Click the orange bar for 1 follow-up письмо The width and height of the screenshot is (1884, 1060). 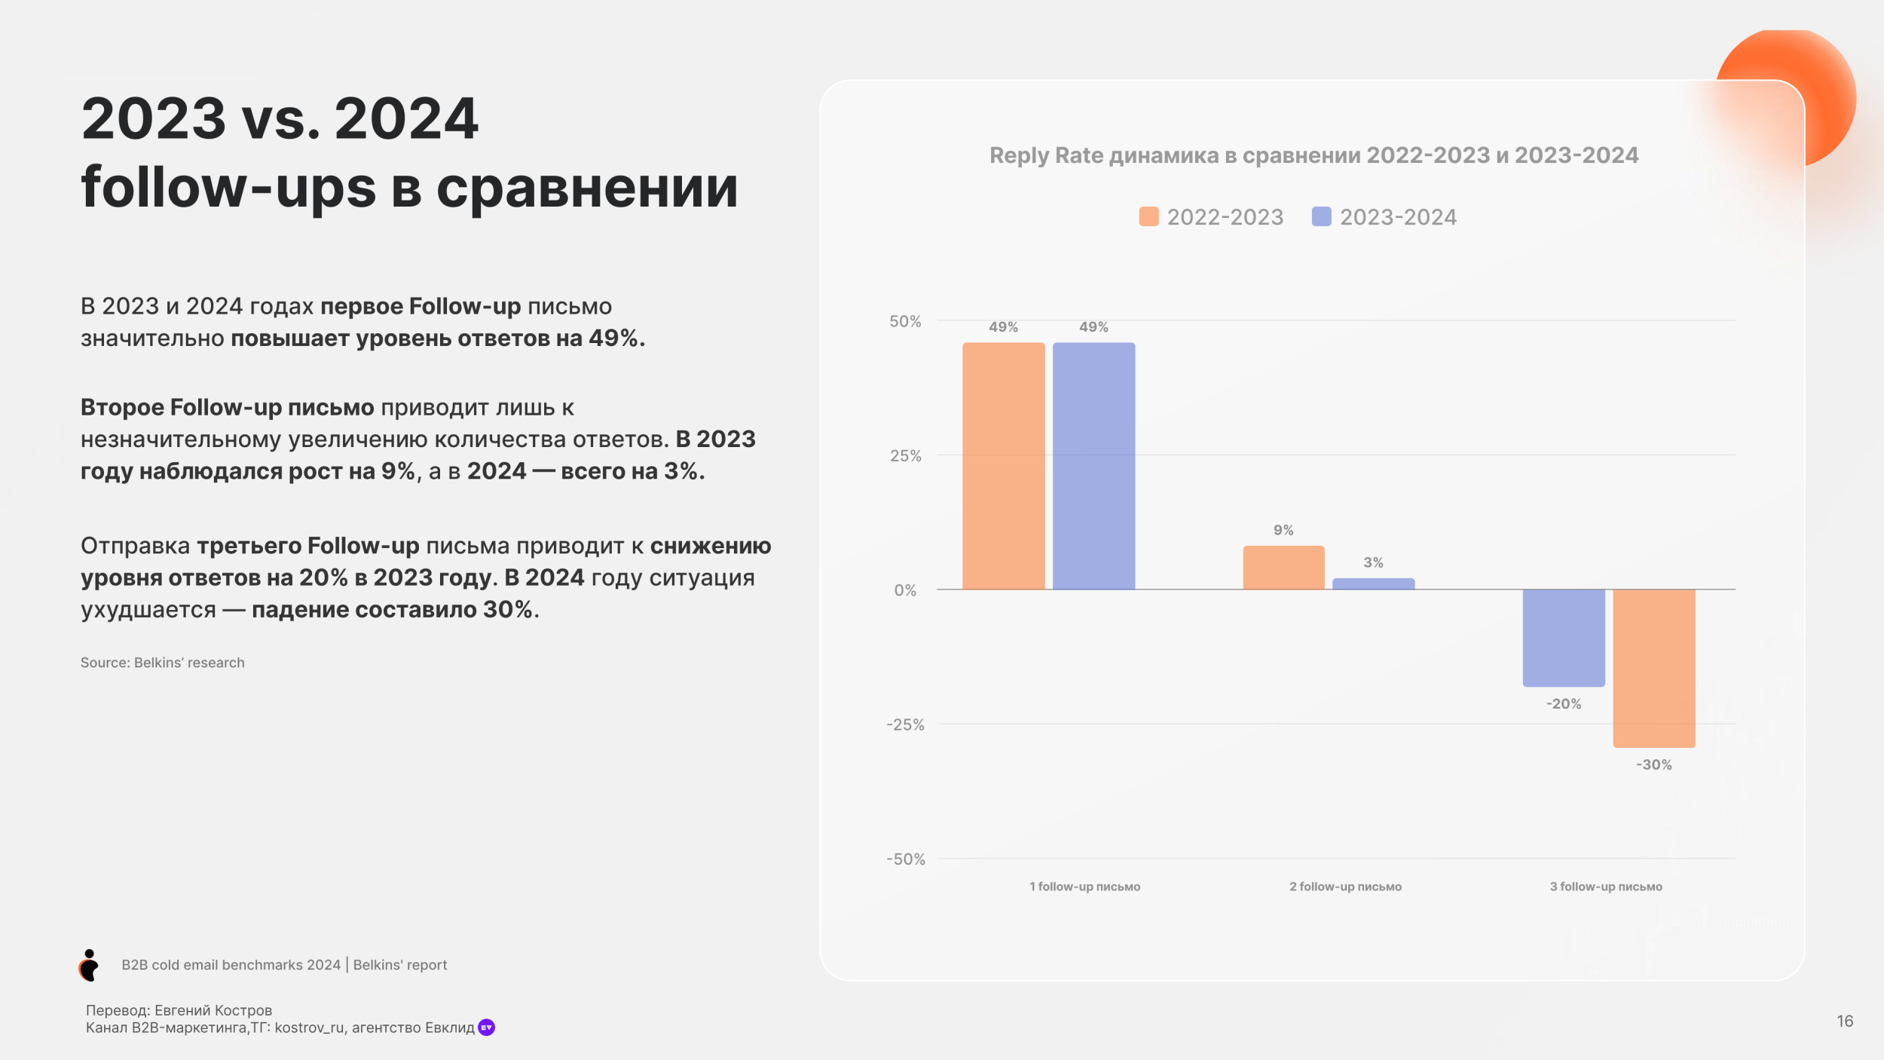(x=1003, y=466)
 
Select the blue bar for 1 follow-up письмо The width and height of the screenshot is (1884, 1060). (x=1093, y=466)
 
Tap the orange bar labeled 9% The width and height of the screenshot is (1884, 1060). (x=1283, y=568)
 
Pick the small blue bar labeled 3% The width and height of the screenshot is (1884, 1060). (x=1373, y=584)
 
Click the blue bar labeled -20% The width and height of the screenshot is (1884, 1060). (x=1564, y=638)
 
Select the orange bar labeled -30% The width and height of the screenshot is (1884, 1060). (x=1654, y=668)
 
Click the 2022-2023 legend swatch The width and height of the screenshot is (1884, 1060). (x=1148, y=217)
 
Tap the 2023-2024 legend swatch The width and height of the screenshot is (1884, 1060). (x=1321, y=217)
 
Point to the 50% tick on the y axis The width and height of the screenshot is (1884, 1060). (x=905, y=322)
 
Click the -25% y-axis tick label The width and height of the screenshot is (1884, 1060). (x=905, y=725)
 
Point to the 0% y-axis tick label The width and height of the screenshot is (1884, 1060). (x=905, y=590)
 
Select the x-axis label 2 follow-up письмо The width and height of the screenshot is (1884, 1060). (x=1345, y=887)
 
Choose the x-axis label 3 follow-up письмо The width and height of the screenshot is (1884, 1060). (x=1606, y=887)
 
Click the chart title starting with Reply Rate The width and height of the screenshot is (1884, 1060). (x=1314, y=155)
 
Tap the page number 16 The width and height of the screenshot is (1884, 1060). (x=1845, y=1021)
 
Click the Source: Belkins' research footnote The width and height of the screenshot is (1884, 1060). (x=163, y=663)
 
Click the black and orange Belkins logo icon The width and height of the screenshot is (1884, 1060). (x=89, y=965)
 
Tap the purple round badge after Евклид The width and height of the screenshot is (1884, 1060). (x=487, y=1028)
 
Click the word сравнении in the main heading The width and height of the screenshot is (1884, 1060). (x=587, y=188)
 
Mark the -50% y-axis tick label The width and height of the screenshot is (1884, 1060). (x=905, y=859)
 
